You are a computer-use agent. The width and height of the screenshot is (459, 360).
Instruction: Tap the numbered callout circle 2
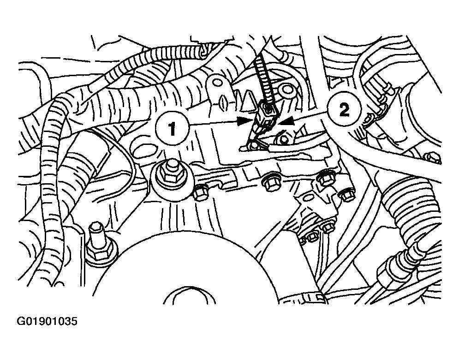[x=344, y=110]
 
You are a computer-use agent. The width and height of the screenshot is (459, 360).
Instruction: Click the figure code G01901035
[x=47, y=321]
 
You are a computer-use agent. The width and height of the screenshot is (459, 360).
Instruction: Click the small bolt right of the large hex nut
[x=201, y=193]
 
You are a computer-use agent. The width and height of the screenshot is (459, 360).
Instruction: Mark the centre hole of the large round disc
[x=189, y=295]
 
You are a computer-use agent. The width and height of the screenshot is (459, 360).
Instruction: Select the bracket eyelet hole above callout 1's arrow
[x=217, y=81]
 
